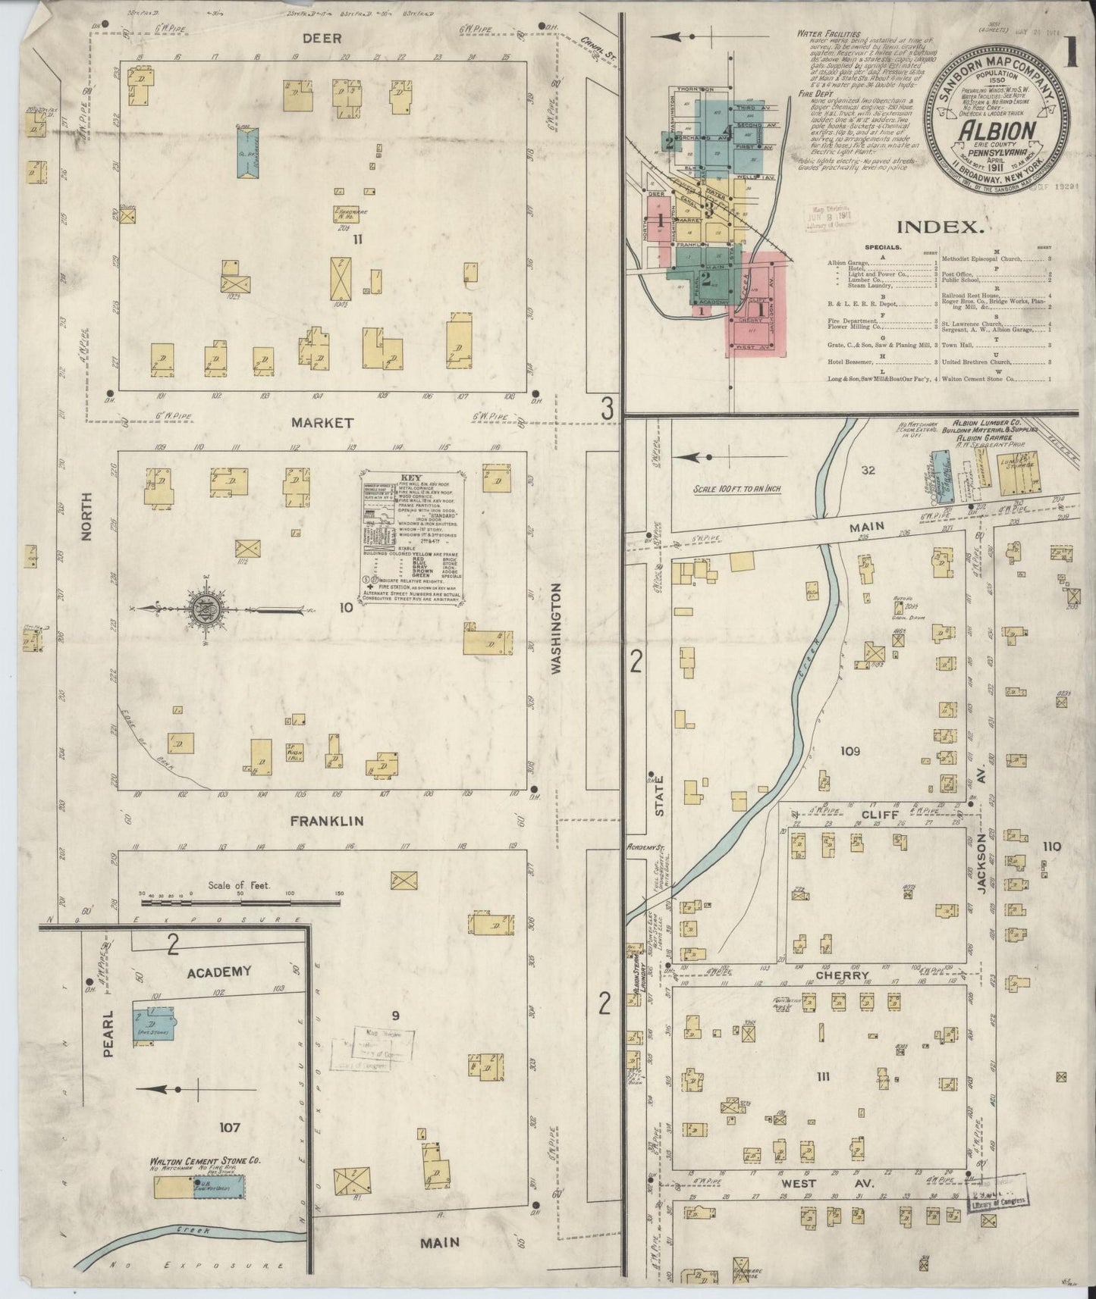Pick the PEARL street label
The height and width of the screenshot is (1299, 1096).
pos(107,1032)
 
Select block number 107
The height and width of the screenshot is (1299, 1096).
pos(229,1128)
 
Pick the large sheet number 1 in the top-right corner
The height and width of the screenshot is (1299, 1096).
pos(1071,57)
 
